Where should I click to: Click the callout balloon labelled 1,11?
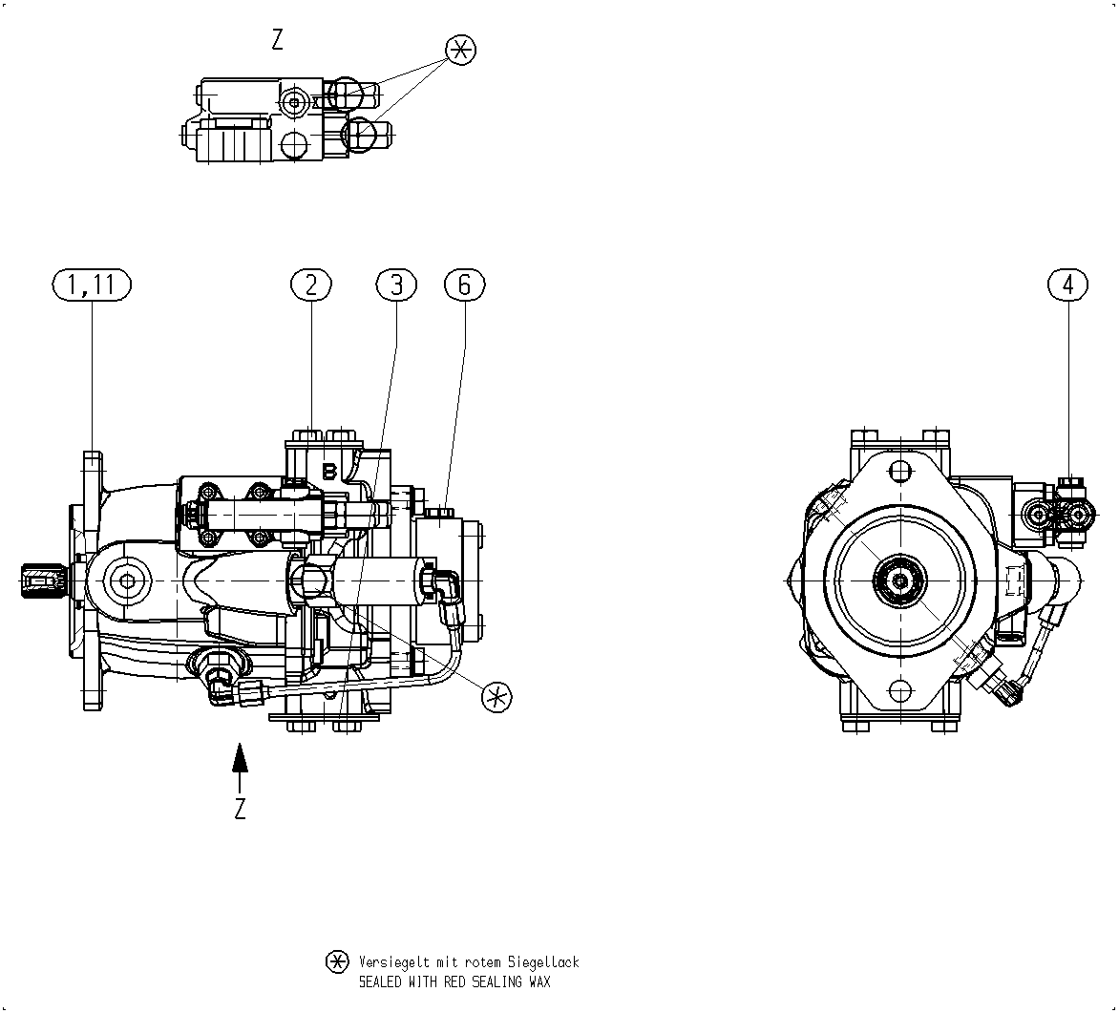tap(93, 285)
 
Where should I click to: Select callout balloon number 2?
tap(311, 285)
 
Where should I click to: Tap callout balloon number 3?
tap(396, 285)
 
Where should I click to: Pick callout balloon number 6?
tap(465, 285)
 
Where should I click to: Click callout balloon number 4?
tap(1068, 285)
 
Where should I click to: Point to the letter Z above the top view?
tap(278, 39)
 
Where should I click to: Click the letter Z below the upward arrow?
tap(241, 808)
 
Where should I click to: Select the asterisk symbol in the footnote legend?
tap(338, 962)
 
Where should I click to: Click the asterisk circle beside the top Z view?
tap(460, 50)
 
